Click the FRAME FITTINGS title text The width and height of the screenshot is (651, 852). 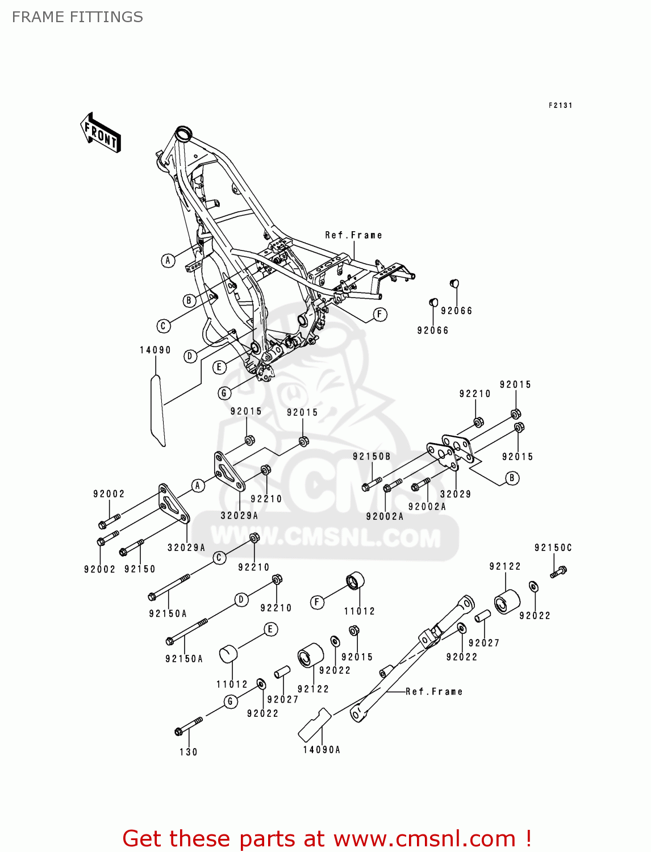coord(77,17)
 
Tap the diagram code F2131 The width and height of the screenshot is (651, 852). coord(560,105)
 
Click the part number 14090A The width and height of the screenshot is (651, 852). coord(322,750)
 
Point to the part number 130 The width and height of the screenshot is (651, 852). coord(189,752)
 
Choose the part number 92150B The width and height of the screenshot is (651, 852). coord(372,456)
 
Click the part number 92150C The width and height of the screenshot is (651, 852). coord(553,548)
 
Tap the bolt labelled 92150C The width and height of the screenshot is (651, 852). coord(559,571)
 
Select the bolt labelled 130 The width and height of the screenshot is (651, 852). coord(189,726)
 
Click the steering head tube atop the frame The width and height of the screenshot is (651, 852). coord(183,135)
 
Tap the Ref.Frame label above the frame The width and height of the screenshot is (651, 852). coord(353,235)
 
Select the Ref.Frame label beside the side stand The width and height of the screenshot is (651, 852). coord(434,691)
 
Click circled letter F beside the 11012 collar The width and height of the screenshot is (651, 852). coord(317,602)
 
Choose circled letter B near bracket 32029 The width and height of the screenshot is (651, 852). coord(512,478)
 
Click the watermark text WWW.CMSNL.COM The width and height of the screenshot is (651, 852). coord(325,537)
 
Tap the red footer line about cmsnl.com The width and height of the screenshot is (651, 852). coord(327,838)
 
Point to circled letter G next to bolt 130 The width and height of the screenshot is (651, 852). coord(230,701)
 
